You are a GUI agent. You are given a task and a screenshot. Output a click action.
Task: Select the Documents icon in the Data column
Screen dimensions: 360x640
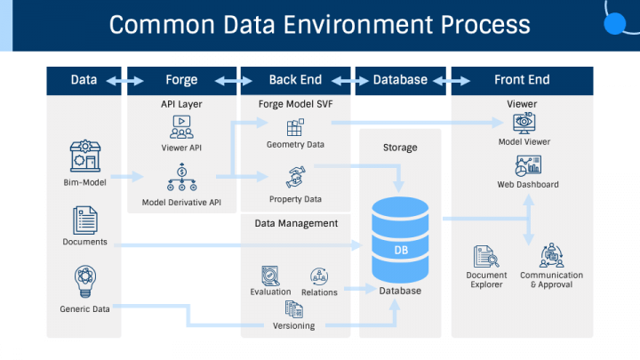[84, 220]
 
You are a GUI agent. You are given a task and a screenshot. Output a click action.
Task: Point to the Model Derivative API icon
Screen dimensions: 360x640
[181, 178]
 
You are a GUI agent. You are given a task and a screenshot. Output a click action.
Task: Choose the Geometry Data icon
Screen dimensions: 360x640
[295, 128]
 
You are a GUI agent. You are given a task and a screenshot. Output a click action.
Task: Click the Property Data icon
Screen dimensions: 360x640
[295, 176]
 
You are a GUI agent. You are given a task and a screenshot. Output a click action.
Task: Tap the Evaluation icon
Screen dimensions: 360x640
[270, 276]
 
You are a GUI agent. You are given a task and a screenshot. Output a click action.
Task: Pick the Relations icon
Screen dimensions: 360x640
[319, 276]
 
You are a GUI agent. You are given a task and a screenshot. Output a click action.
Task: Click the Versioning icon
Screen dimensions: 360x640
[294, 309]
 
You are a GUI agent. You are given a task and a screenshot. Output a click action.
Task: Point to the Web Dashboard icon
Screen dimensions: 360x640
[527, 166]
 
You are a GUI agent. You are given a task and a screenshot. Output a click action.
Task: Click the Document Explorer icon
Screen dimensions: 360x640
[486, 257]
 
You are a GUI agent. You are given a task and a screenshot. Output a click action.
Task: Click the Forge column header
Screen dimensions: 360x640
[181, 80]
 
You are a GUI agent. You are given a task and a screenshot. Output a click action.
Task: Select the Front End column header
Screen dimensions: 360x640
[522, 80]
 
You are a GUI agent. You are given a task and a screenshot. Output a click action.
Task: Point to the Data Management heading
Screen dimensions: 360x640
[296, 224]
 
